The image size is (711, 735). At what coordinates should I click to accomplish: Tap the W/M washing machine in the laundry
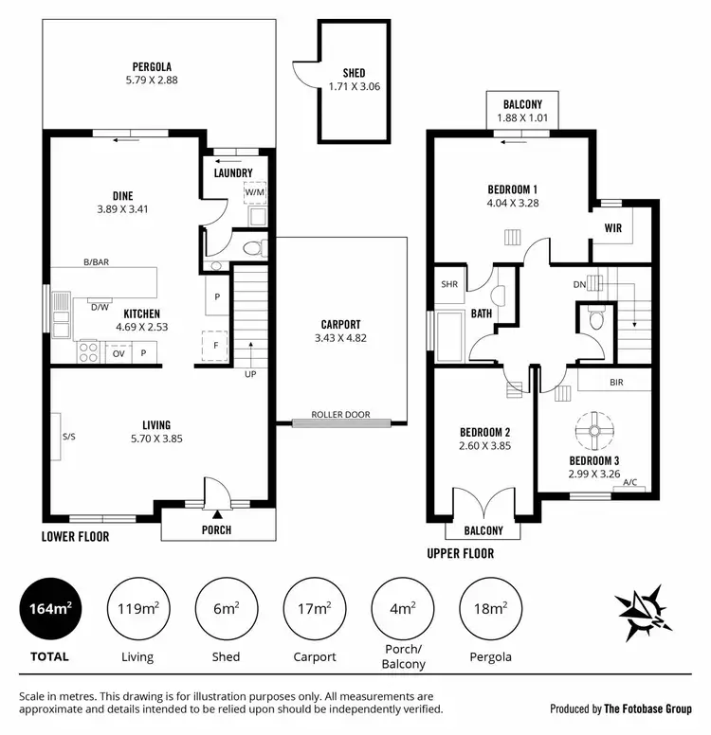(253, 193)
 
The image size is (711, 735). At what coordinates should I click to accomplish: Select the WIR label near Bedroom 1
(613, 227)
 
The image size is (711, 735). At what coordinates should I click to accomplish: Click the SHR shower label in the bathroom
(448, 284)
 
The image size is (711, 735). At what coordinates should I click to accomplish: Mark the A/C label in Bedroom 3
(630, 483)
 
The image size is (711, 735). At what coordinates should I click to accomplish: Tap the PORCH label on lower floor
(217, 529)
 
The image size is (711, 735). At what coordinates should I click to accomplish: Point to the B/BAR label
(94, 262)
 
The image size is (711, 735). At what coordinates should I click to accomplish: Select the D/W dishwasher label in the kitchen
(99, 306)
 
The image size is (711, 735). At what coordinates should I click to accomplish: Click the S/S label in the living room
(68, 437)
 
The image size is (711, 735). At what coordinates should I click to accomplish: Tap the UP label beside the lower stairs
(249, 374)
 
